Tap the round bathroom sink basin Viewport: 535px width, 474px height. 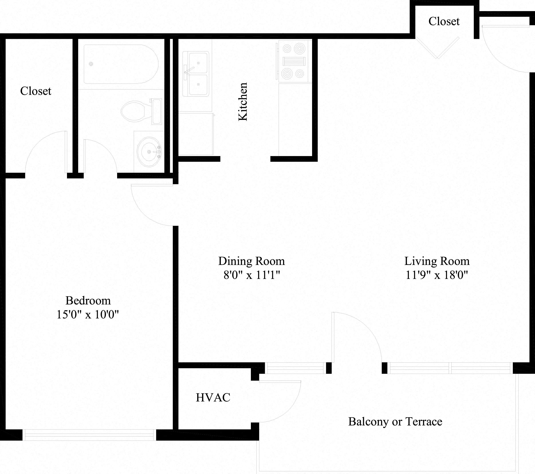[x=149, y=151]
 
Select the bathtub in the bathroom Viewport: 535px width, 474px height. [x=120, y=64]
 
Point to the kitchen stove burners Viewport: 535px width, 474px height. [x=294, y=61]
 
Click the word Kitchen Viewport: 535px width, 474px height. [x=243, y=102]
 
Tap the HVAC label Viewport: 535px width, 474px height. [x=213, y=397]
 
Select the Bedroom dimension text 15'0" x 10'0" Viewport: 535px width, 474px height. [x=88, y=314]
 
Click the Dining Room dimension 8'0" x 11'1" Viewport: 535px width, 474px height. [x=252, y=275]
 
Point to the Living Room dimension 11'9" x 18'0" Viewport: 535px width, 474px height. [x=437, y=275]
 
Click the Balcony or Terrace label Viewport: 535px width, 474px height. [x=395, y=422]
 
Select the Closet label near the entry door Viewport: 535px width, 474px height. [x=444, y=22]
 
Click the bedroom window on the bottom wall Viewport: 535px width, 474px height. [x=89, y=435]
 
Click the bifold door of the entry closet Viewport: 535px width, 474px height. [x=437, y=48]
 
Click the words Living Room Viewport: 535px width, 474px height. [x=437, y=261]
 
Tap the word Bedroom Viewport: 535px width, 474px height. [x=88, y=301]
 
